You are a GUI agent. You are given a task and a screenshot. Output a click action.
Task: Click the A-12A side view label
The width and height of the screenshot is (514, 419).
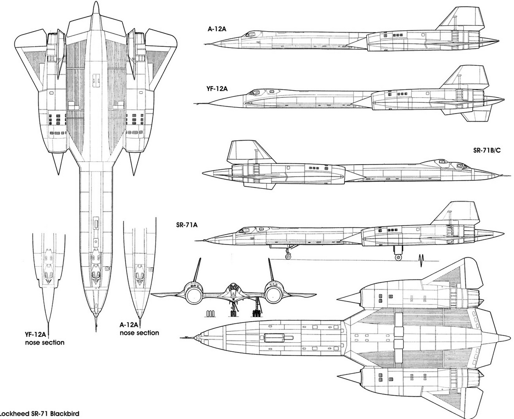[217, 28]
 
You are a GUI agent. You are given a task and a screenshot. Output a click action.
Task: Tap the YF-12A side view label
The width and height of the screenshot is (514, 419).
[217, 89]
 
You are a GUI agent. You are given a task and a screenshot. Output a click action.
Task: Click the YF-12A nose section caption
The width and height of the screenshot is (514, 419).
[44, 338]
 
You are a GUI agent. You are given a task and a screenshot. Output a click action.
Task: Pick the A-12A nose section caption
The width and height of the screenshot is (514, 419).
[139, 329]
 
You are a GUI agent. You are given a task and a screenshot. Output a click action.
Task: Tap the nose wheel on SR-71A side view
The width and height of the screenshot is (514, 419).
[289, 256]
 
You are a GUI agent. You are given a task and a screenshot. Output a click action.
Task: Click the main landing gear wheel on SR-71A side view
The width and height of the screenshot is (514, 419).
[398, 257]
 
